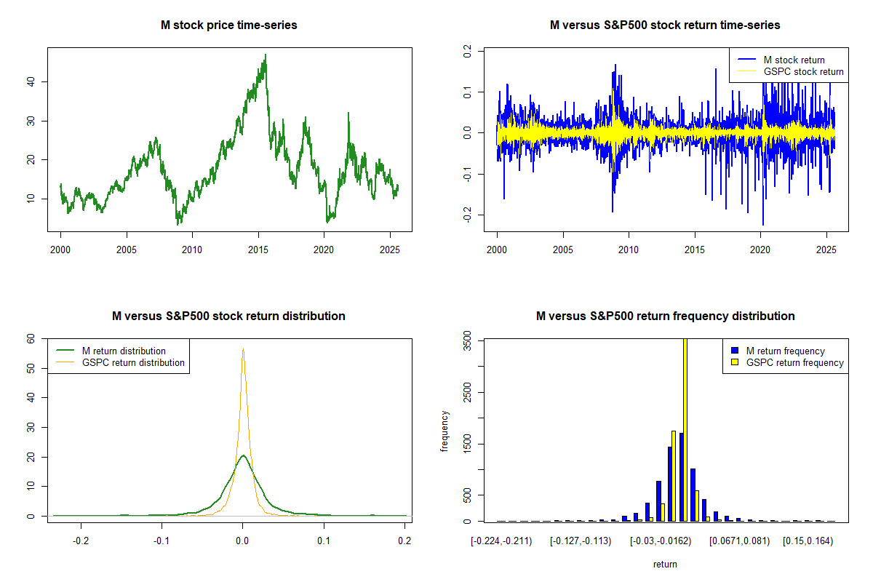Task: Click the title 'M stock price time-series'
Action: (x=228, y=25)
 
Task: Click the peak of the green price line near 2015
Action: (x=266, y=55)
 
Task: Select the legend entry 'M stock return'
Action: (x=794, y=60)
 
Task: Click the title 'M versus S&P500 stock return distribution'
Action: (x=228, y=316)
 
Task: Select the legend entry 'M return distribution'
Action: (x=124, y=351)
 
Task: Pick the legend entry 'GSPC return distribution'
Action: (x=133, y=362)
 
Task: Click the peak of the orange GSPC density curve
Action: (x=243, y=349)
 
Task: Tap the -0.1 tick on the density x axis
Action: (x=162, y=541)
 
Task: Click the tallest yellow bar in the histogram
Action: (x=685, y=429)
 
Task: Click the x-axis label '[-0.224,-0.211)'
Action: (x=501, y=541)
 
